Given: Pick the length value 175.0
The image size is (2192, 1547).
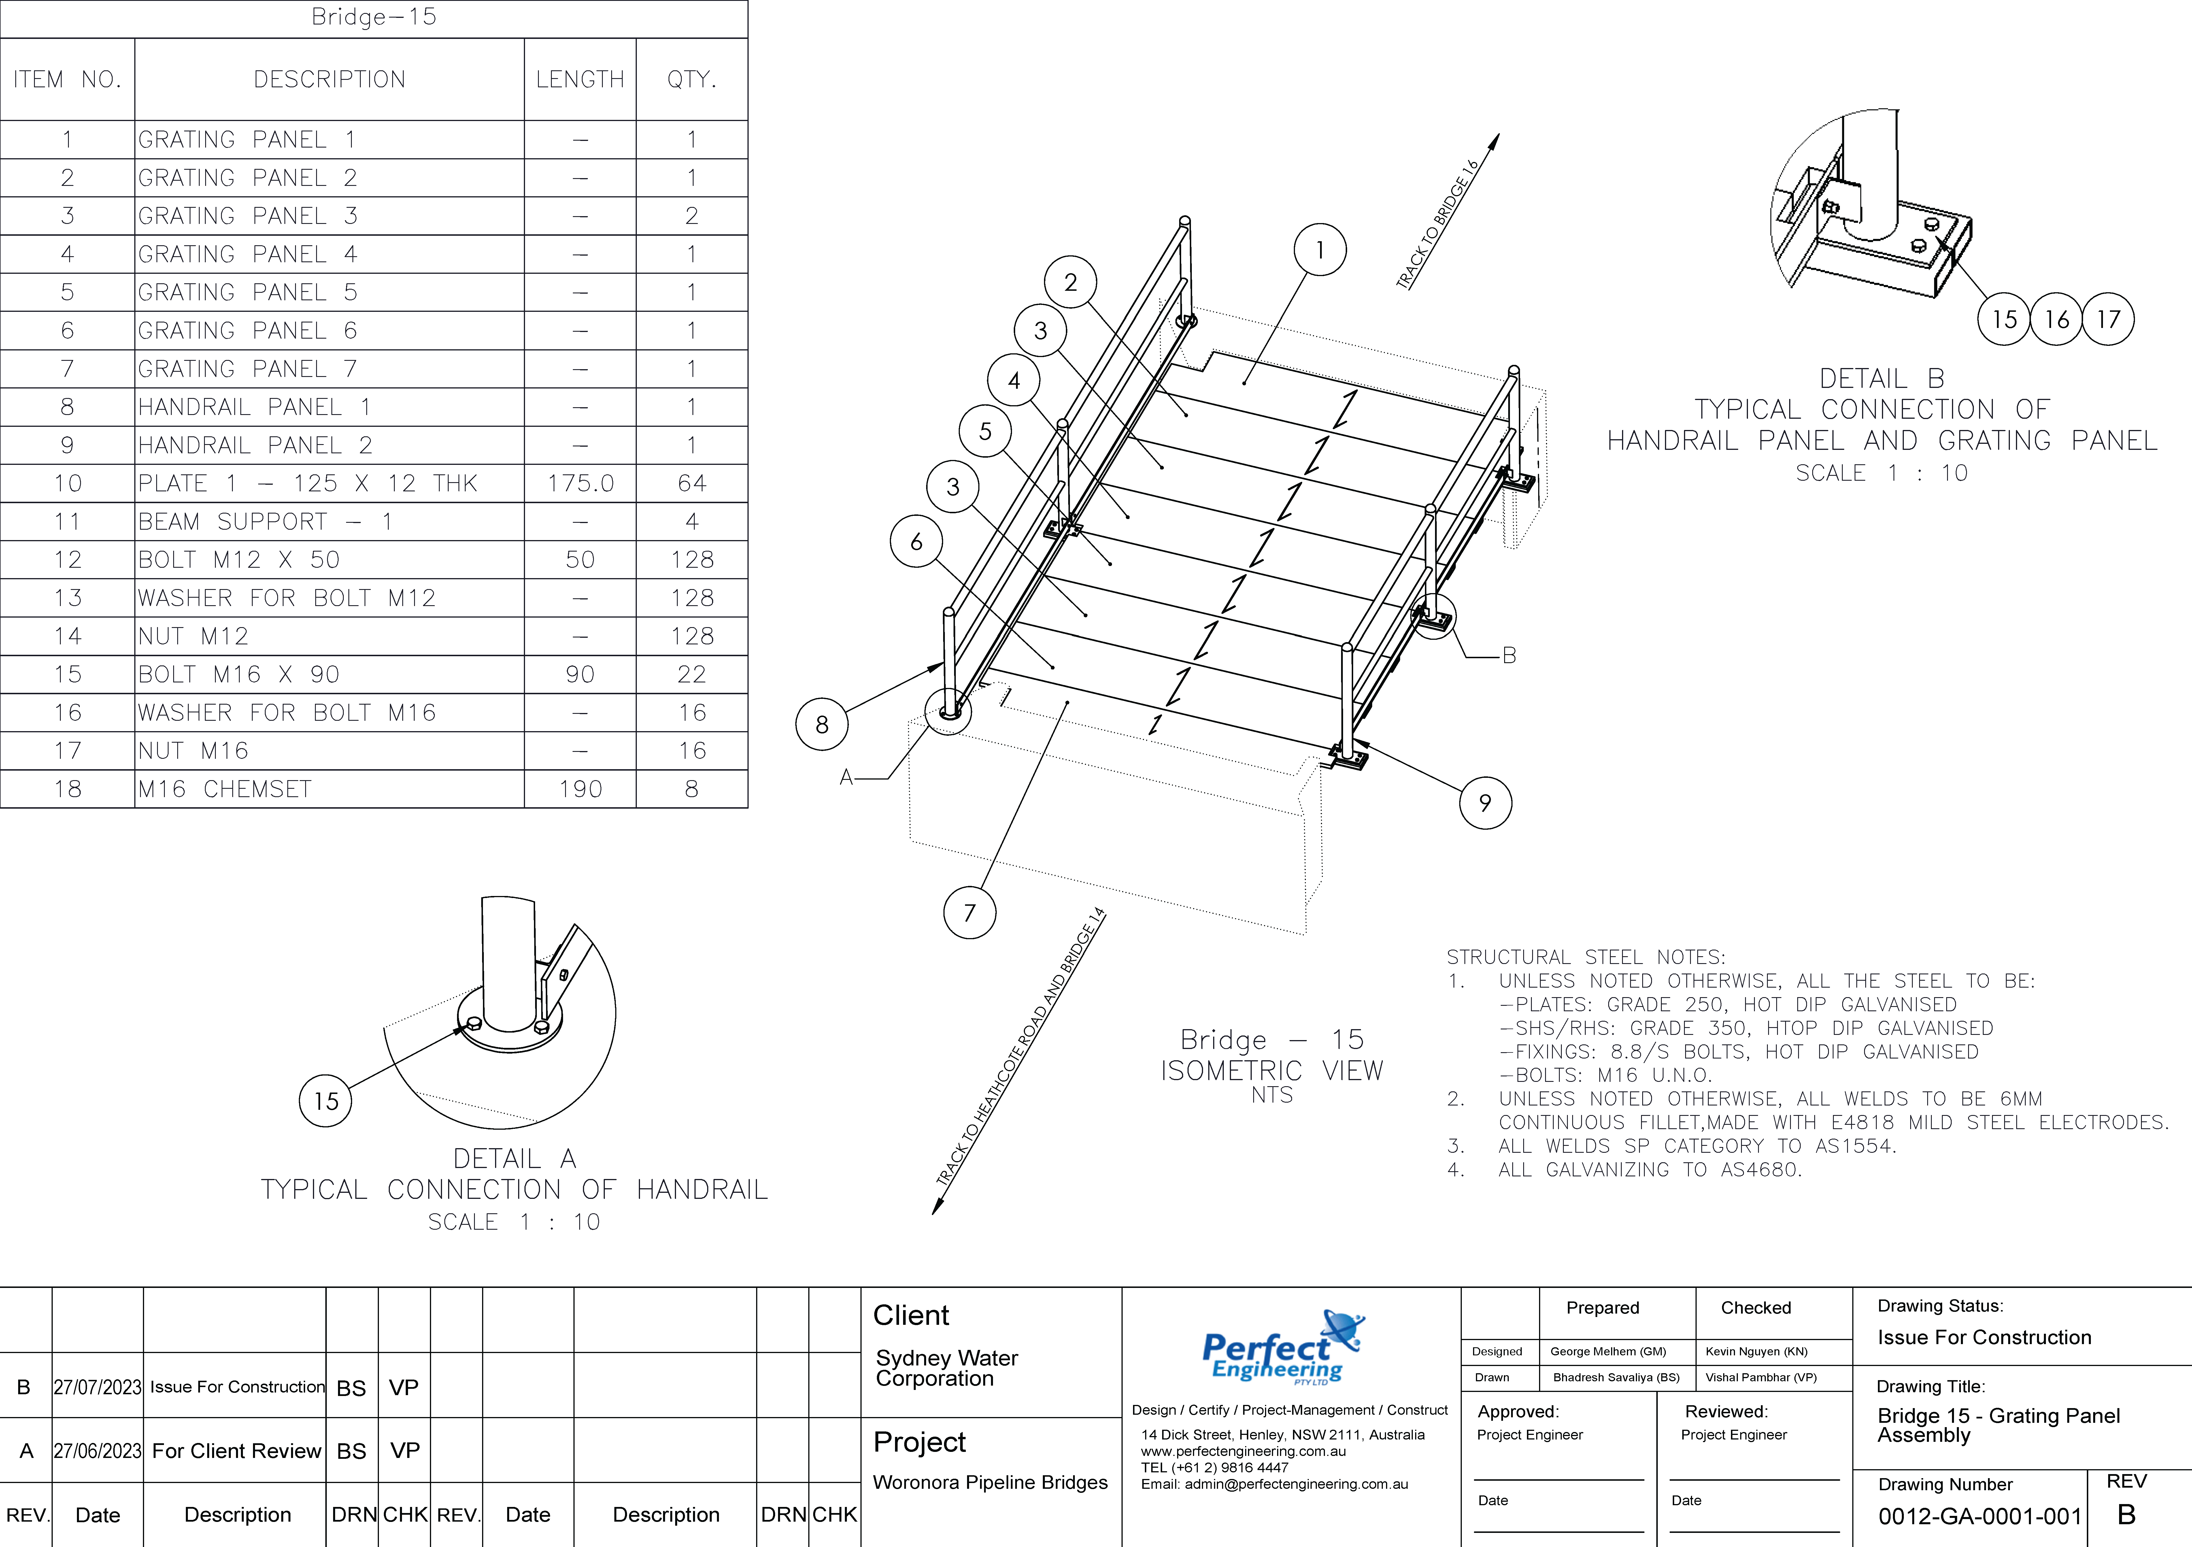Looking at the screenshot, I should click(580, 483).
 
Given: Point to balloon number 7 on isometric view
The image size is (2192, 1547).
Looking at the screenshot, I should click(969, 912).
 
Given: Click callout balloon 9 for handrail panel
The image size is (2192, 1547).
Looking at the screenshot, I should click(1485, 802).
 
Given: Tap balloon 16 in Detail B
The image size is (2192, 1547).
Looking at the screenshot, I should click(2057, 319).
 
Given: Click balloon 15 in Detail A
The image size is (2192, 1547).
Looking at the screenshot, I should click(326, 1101).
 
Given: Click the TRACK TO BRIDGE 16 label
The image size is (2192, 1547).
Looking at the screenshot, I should click(1437, 224).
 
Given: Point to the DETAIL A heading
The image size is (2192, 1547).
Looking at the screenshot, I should click(515, 1158).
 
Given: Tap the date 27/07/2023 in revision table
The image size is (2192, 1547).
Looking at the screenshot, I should click(97, 1386).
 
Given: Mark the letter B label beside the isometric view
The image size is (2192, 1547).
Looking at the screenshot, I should click(1508, 655).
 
